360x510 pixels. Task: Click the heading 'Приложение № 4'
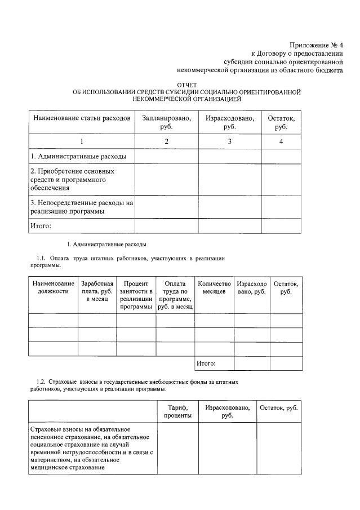tap(316, 45)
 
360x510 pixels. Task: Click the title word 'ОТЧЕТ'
tap(186, 85)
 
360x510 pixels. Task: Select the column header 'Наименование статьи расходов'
tap(82, 118)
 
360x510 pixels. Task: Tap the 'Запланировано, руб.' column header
tap(166, 122)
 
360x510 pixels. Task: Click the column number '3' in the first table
tap(230, 141)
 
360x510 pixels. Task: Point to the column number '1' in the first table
tap(82, 141)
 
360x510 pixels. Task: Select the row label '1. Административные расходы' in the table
tap(78, 156)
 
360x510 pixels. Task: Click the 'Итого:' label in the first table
tap(41, 226)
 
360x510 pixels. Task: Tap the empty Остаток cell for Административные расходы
tap(281, 156)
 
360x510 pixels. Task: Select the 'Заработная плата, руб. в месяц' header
tap(97, 291)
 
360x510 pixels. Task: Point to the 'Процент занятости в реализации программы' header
tap(136, 295)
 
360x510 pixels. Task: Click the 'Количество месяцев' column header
tap(214, 287)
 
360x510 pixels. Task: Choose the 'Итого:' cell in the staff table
tap(206, 363)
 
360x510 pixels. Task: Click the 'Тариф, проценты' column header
tap(177, 411)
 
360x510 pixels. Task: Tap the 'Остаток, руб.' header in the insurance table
tap(278, 407)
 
